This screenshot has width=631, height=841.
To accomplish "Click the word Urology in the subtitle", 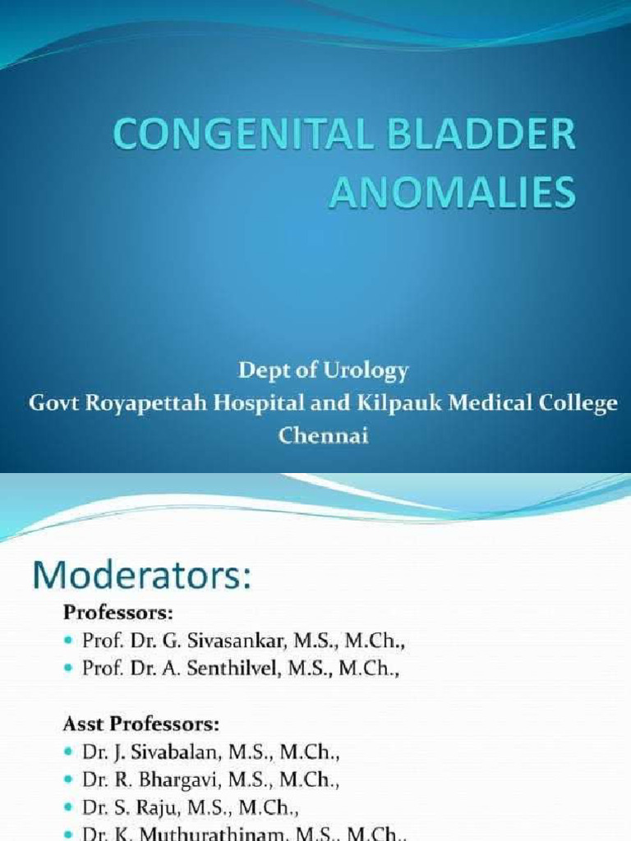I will click(366, 371).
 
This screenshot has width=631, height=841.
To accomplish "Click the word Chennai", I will click(324, 436).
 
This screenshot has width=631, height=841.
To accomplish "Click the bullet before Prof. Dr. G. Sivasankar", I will click(69, 641).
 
